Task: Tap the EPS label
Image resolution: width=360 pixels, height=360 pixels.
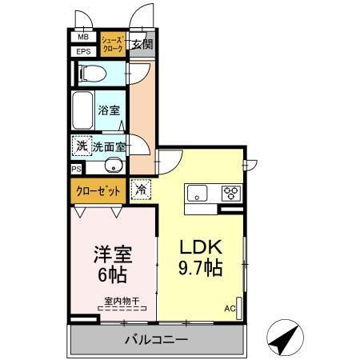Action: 83,52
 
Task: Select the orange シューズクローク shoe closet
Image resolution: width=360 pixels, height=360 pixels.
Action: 112,44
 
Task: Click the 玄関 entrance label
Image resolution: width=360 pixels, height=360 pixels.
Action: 142,44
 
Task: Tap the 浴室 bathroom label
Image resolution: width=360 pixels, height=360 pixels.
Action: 109,110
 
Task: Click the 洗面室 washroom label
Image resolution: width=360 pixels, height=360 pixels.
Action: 110,147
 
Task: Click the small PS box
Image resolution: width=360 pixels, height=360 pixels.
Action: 76,170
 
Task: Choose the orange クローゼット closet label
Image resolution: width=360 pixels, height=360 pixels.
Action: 98,191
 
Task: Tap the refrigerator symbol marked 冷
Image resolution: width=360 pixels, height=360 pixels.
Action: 140,190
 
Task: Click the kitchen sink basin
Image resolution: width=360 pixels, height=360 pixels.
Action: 197,193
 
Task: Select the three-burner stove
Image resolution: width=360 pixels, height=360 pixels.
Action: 231,193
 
